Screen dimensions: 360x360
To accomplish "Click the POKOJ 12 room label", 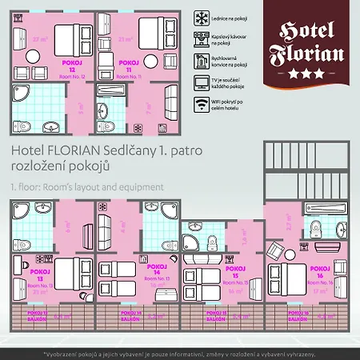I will pyautogui.click(x=72, y=66).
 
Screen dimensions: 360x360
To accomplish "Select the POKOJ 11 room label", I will pyautogui.click(x=128, y=66).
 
